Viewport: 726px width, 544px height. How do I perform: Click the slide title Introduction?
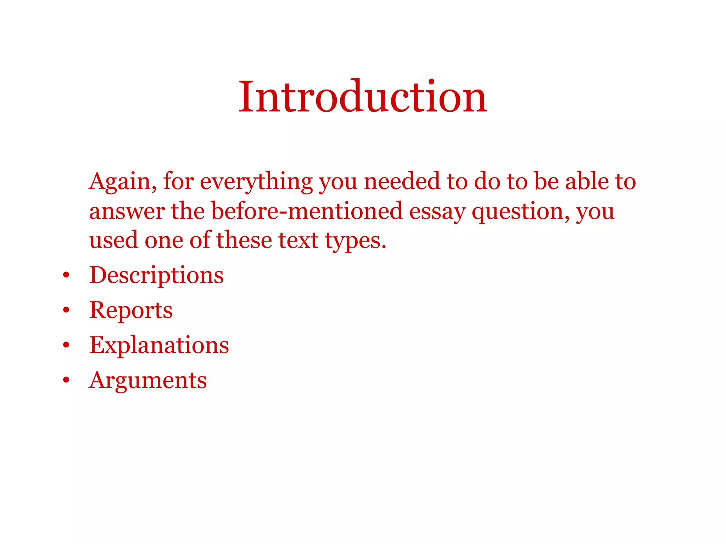(x=363, y=97)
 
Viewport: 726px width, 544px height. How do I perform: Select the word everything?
(x=256, y=182)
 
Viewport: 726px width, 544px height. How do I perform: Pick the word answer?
(x=127, y=211)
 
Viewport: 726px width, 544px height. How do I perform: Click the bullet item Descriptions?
(x=156, y=275)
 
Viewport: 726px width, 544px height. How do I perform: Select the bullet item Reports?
(x=131, y=310)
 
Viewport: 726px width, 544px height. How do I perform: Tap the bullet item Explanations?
(x=159, y=345)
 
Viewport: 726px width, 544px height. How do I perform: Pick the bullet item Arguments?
(x=148, y=380)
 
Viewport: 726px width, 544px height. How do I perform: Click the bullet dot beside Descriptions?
(x=66, y=275)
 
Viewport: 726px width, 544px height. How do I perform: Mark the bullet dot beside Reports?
(x=66, y=310)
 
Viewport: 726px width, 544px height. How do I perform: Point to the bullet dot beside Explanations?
(x=66, y=345)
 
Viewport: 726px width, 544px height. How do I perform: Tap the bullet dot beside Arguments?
(x=66, y=380)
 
